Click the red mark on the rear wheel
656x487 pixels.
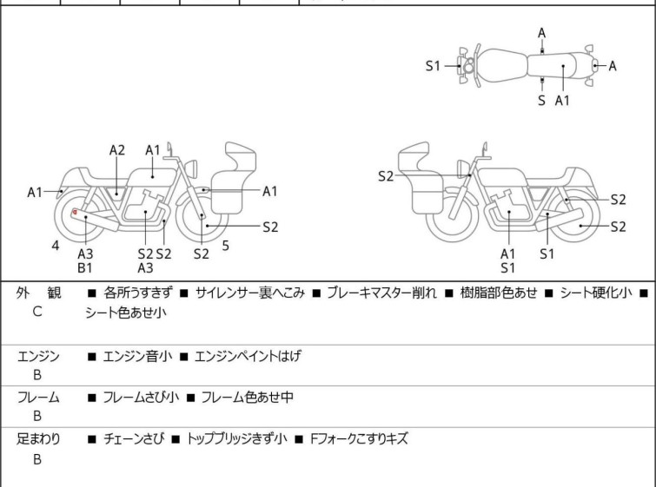(x=76, y=213)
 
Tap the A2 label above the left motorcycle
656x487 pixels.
(x=117, y=150)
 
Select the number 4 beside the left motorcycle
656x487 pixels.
(x=56, y=246)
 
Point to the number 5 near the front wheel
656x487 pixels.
(x=226, y=246)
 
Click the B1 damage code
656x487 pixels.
(x=85, y=268)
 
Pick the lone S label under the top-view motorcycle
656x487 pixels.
(x=541, y=101)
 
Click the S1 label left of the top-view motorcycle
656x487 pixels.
(x=433, y=66)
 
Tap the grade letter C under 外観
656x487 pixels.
(x=36, y=311)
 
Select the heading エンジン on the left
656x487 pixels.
(x=38, y=356)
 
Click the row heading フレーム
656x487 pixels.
(x=38, y=398)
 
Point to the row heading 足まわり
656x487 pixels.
(x=38, y=439)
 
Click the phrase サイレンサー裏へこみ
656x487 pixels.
(x=250, y=293)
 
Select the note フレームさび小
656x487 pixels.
(x=141, y=398)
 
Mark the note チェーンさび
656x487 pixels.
(x=132, y=439)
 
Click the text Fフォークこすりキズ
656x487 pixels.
(x=359, y=439)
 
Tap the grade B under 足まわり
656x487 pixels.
(x=36, y=459)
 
